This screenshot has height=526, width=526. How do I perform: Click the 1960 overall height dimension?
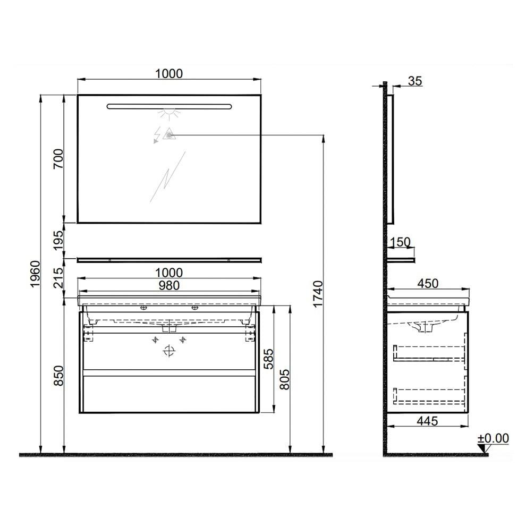click(x=35, y=274)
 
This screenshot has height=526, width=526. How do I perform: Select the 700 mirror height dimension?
click(x=58, y=159)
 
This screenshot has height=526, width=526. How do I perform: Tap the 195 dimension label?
click(x=58, y=240)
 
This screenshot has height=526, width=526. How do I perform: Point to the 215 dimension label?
click(x=58, y=277)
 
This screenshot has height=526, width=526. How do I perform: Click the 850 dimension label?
click(x=58, y=376)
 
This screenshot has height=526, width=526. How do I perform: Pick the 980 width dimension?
click(x=169, y=285)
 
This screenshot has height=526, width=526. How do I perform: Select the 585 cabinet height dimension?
click(x=269, y=359)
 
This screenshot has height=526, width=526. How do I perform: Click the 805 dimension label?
click(x=284, y=379)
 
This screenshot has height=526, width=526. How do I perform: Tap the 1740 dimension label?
click(x=318, y=294)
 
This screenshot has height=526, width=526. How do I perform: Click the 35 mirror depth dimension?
click(x=415, y=81)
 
